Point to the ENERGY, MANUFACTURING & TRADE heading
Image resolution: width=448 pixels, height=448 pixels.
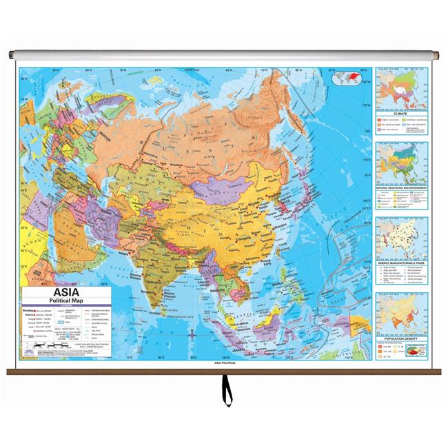[x=400, y=265]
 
